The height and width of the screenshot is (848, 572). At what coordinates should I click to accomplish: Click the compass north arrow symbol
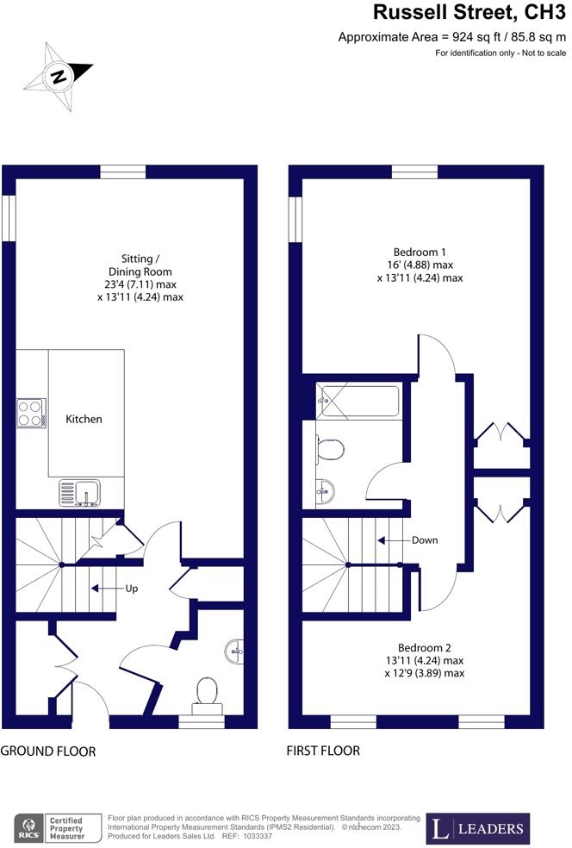[x=58, y=76]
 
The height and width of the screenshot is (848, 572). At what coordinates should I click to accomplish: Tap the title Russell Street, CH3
[x=469, y=13]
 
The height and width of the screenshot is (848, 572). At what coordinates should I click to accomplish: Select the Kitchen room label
[x=84, y=419]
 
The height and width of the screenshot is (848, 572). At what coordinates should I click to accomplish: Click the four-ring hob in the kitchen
[x=31, y=411]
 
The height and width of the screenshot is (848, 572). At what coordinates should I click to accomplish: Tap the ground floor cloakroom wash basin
[x=234, y=651]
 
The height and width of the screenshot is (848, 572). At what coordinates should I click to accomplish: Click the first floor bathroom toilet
[x=330, y=448]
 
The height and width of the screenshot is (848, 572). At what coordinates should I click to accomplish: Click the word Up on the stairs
[x=131, y=589]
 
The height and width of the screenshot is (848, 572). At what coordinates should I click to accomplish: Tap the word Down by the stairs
[x=424, y=540]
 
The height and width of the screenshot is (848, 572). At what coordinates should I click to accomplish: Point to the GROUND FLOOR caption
[x=48, y=751]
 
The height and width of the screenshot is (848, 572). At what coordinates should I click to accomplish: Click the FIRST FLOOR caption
[x=323, y=751]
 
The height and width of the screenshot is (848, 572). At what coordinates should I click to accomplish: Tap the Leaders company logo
[x=479, y=828]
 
